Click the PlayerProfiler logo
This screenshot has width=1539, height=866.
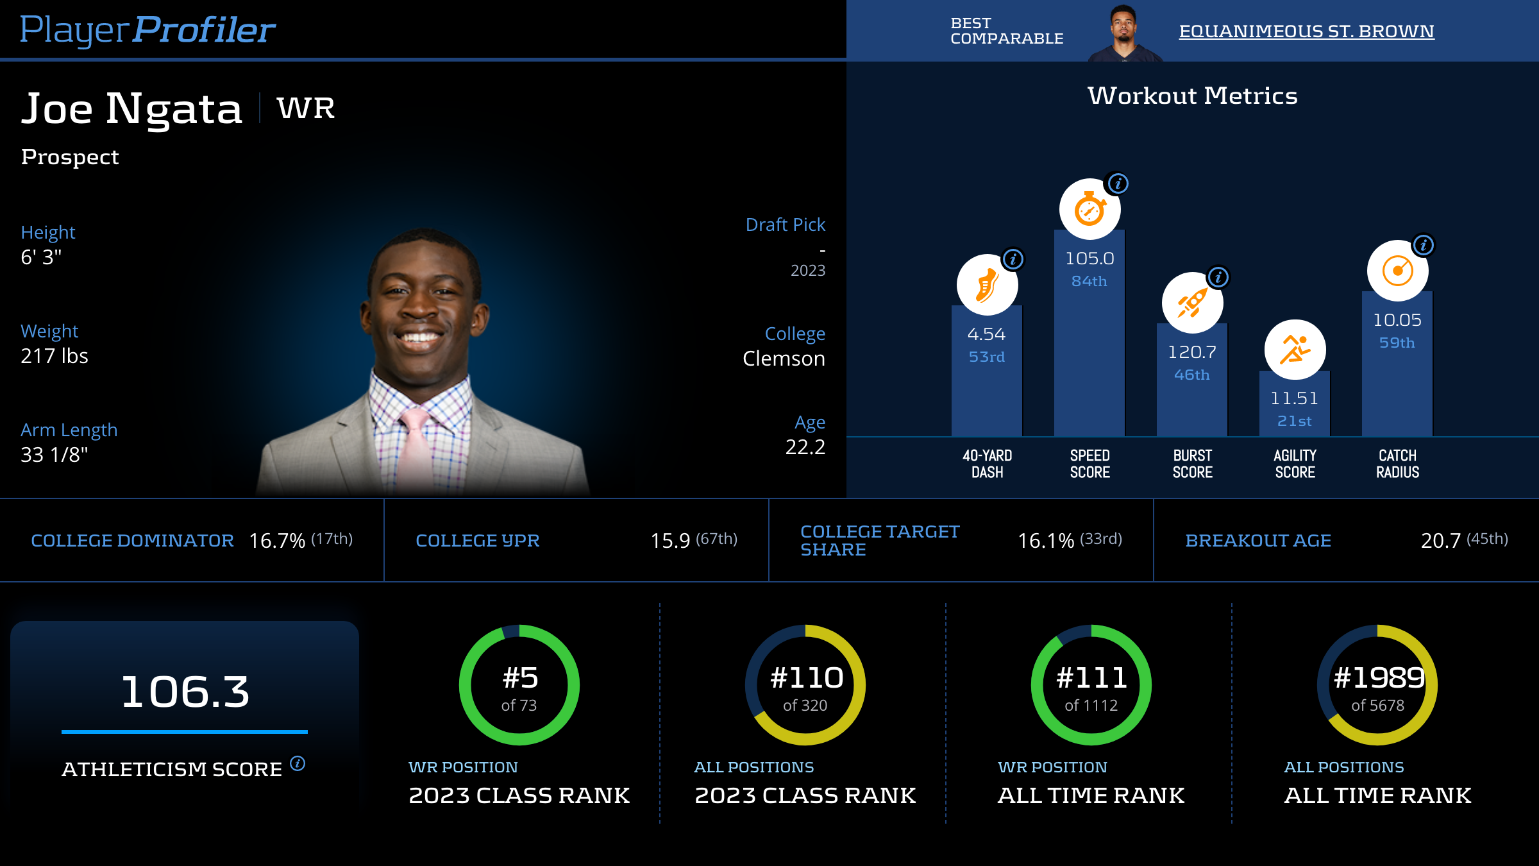point(147,30)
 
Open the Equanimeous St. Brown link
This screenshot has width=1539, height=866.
point(1306,31)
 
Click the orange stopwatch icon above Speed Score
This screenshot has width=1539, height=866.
point(1089,209)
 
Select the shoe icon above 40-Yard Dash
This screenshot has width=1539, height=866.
point(987,285)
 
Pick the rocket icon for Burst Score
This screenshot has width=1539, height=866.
point(1192,303)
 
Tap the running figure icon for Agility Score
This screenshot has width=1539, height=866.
point(1295,350)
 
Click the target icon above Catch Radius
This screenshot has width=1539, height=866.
point(1397,271)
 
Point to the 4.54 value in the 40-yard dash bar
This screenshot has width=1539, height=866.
point(986,334)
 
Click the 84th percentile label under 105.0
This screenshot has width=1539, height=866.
point(1089,281)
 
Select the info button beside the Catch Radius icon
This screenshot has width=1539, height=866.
point(1424,245)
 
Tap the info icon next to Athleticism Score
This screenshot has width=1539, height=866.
point(298,763)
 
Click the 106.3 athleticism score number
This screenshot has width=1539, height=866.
point(185,692)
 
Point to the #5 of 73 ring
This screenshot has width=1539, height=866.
point(519,685)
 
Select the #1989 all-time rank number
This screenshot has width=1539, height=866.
point(1379,678)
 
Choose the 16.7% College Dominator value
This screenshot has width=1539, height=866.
point(277,541)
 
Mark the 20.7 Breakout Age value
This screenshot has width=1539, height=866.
point(1440,541)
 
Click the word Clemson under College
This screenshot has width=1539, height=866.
point(784,359)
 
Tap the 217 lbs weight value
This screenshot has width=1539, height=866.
point(55,356)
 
